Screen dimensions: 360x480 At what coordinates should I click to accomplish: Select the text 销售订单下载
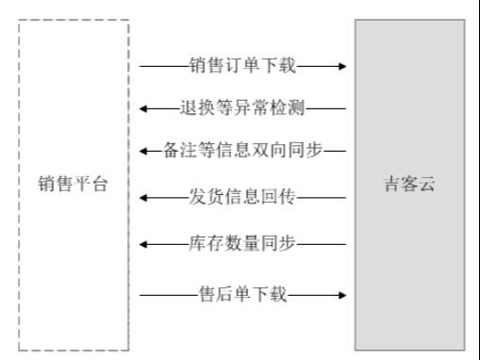coord(243,66)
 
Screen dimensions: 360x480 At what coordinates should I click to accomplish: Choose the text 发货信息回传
coord(243,197)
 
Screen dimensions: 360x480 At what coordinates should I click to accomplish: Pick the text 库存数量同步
coord(243,244)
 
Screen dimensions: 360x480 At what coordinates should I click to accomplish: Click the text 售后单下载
coord(243,296)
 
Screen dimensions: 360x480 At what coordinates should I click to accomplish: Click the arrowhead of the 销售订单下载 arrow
coord(341,66)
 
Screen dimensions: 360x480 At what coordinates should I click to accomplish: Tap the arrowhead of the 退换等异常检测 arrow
coord(145,107)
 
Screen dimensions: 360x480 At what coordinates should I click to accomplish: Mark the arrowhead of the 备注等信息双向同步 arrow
coord(145,150)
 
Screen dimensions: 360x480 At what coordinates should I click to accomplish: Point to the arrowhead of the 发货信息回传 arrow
coord(145,197)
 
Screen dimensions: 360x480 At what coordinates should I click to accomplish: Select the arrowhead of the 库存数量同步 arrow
coord(145,244)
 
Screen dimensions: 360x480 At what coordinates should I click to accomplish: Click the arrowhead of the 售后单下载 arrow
coord(341,296)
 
